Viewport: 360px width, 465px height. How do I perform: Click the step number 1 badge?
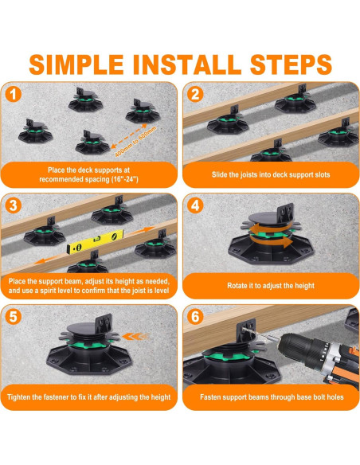[14, 95]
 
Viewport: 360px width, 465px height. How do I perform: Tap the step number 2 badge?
[195, 95]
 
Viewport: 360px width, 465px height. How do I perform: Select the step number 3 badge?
[14, 205]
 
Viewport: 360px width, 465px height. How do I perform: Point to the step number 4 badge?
[195, 205]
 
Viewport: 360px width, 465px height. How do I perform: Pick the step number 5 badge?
[14, 317]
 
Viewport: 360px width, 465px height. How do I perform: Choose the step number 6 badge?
[195, 317]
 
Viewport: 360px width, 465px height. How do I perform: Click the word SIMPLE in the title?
[76, 64]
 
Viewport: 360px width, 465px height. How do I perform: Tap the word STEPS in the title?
[291, 64]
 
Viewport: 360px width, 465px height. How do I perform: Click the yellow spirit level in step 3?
[95, 242]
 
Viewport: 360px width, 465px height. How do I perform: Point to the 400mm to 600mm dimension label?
[135, 141]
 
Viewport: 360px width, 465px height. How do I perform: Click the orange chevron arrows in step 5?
[136, 336]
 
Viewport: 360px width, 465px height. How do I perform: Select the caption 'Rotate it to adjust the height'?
[271, 286]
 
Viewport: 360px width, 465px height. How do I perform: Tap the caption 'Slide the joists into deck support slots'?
[271, 174]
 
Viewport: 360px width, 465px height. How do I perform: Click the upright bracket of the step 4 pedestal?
[285, 211]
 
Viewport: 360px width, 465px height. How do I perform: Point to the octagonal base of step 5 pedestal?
[89, 361]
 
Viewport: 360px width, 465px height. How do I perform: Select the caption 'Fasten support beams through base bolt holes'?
[272, 397]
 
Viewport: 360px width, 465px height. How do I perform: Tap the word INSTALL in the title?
[187, 64]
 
